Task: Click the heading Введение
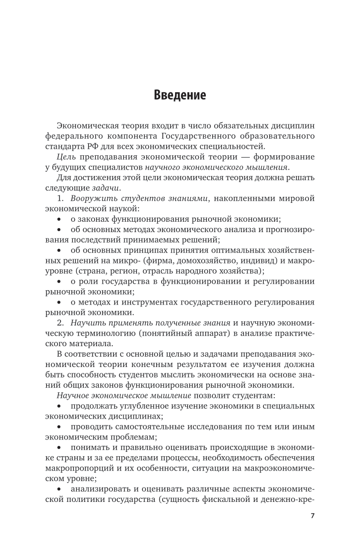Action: coord(180,95)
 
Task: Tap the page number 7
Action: coord(312,516)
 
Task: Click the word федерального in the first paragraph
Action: coord(72,136)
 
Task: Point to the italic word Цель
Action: coord(65,157)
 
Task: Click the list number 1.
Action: coord(60,198)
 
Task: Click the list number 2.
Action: coord(60,323)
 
